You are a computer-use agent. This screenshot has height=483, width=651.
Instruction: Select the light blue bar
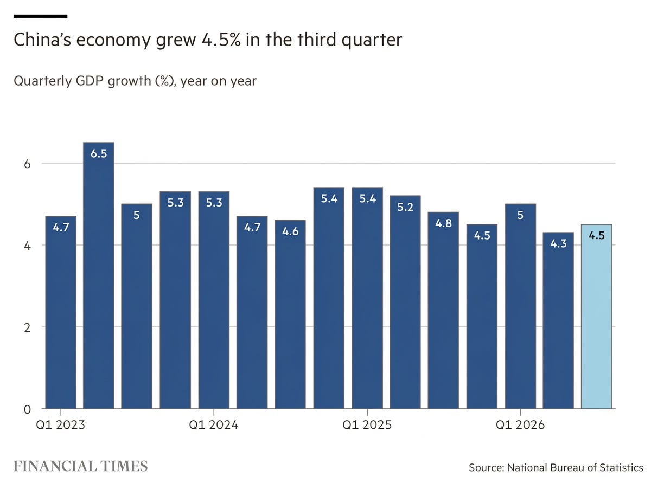tap(596, 317)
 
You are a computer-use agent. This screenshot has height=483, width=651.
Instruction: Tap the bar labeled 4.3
tap(558, 320)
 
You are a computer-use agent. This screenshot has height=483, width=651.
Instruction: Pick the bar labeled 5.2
tap(405, 302)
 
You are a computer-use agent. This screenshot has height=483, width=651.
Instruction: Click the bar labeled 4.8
tap(443, 310)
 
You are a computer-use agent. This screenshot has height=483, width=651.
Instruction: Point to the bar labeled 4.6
tap(290, 314)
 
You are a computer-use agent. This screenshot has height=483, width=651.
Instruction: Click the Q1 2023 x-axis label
tap(60, 425)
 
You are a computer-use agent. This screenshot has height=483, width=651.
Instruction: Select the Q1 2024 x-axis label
tap(214, 425)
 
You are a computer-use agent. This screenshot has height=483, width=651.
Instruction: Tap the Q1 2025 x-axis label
tap(367, 425)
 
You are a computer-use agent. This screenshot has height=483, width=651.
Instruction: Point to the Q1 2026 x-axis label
tap(520, 425)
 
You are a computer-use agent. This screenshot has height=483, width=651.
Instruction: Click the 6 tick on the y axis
tap(27, 164)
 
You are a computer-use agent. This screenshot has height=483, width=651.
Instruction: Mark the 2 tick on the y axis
tap(27, 327)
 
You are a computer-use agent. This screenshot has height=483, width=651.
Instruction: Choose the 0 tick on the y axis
tap(27, 409)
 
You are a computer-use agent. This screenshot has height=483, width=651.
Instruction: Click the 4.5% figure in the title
tap(221, 40)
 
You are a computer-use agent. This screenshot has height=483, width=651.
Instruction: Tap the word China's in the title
tap(42, 40)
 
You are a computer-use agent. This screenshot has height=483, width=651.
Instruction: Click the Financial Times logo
tap(80, 466)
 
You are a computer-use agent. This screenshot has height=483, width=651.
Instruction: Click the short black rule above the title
tap(41, 16)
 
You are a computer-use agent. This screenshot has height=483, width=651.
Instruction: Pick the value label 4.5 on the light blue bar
tap(596, 235)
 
